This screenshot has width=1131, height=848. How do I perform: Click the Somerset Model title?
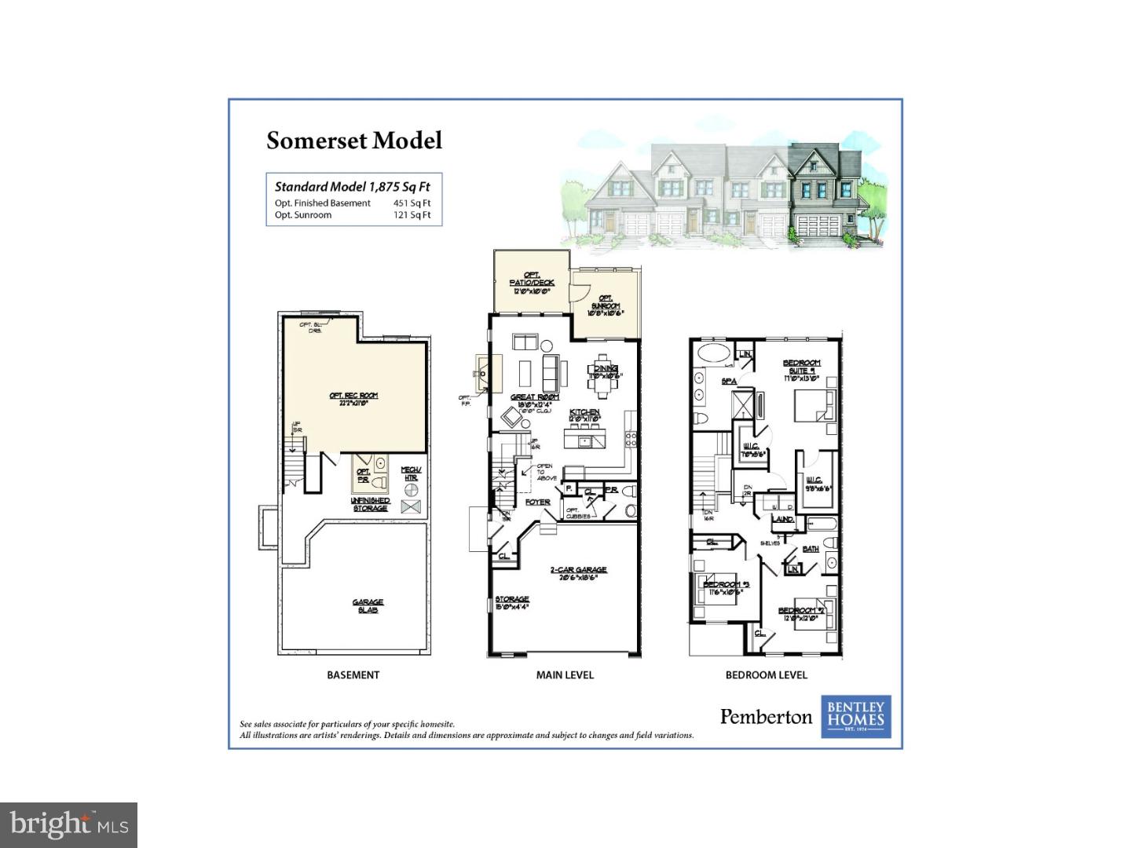[354, 141]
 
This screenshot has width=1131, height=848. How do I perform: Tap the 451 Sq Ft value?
[412, 203]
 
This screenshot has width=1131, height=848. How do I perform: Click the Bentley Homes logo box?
[856, 717]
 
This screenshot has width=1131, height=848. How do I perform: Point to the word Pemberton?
[766, 716]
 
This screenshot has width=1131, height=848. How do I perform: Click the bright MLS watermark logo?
[69, 824]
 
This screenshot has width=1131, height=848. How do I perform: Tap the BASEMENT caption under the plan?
[353, 675]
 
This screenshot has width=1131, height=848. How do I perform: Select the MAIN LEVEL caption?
[565, 675]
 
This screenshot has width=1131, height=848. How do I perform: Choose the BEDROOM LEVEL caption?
[766, 675]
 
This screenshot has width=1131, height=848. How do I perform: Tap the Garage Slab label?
[368, 606]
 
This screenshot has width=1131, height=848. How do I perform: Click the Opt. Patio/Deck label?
[532, 283]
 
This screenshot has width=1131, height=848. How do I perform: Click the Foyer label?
[538, 502]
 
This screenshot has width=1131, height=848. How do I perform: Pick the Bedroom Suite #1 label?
[801, 367]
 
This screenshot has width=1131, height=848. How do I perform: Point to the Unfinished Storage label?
[370, 504]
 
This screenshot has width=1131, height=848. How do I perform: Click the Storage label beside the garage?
[511, 601]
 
